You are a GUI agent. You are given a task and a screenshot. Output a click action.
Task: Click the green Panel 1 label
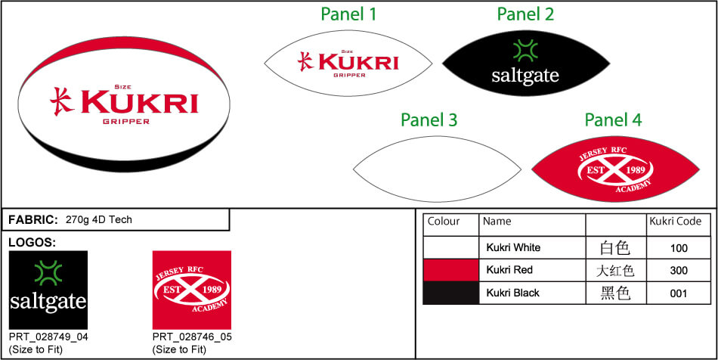[348, 14]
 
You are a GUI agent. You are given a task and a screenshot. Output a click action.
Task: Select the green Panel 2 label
[525, 14]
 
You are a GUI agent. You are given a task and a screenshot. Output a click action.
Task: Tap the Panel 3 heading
[429, 120]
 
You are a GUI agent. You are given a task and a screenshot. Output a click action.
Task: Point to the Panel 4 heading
[613, 120]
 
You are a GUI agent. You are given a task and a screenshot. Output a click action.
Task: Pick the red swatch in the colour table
[450, 270]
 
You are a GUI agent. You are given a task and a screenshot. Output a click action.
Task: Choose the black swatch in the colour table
[450, 293]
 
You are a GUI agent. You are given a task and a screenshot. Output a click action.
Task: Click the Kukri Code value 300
[679, 270]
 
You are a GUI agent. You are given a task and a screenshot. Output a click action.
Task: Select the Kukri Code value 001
[679, 293]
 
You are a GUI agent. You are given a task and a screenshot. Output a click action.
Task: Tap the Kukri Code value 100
[679, 247]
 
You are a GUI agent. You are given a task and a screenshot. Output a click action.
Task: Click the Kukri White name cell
[513, 247]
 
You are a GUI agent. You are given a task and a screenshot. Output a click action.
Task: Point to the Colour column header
[444, 222]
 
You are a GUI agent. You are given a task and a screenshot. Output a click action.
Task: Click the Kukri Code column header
[674, 222]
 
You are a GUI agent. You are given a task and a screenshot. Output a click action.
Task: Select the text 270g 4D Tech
[99, 220]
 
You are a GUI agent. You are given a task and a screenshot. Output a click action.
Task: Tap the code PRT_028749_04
[48, 337]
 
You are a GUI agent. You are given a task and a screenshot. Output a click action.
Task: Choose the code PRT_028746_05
[192, 337]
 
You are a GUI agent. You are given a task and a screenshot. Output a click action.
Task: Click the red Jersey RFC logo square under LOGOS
[192, 290]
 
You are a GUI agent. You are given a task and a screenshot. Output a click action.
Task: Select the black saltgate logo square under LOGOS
[48, 290]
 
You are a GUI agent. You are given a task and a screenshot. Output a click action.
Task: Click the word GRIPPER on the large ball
[125, 122]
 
